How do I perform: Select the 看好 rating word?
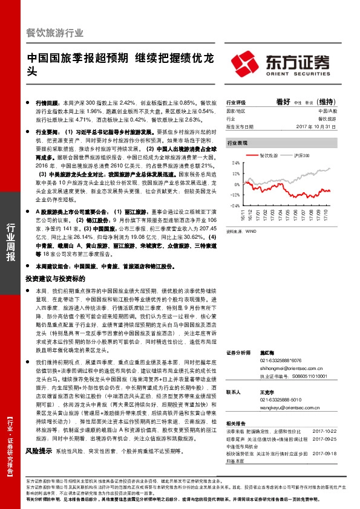(x=283, y=102)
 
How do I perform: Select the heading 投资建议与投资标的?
(x=52, y=279)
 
